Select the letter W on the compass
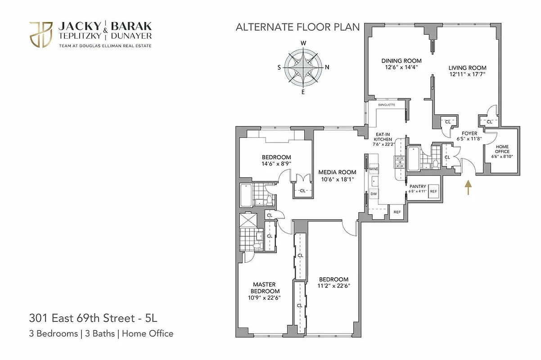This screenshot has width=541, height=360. pyautogui.click(x=303, y=43)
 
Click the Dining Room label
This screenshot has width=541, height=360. pyautogui.click(x=401, y=61)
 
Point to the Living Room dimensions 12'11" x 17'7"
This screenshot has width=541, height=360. pyautogui.click(x=467, y=74)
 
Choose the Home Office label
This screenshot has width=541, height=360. pyautogui.click(x=503, y=149)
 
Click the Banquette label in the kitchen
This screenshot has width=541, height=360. pyautogui.click(x=386, y=105)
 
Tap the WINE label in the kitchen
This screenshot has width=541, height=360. pyautogui.click(x=374, y=169)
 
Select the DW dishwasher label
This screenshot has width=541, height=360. pyautogui.click(x=374, y=194)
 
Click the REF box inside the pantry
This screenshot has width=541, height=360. pyautogui.click(x=433, y=191)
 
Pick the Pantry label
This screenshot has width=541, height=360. pyautogui.click(x=418, y=186)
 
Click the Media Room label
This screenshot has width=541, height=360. pyautogui.click(x=337, y=172)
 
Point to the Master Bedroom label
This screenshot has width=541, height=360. pyautogui.click(x=264, y=288)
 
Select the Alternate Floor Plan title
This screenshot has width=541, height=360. pyautogui.click(x=298, y=27)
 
